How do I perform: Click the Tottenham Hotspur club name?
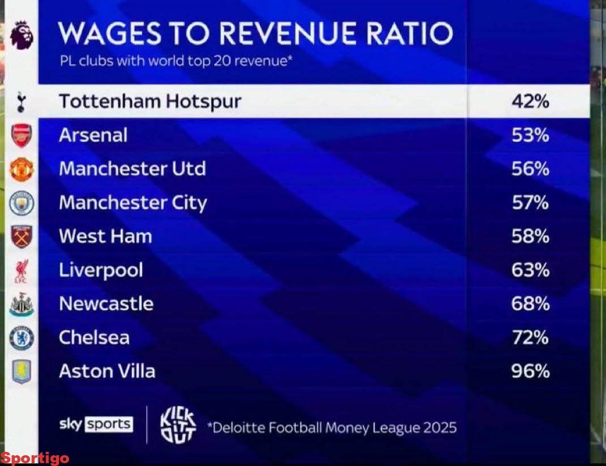point(150,102)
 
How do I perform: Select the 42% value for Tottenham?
point(530,102)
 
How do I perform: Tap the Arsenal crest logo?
point(22,136)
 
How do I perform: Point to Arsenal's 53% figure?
point(530,136)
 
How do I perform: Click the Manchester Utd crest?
point(22,169)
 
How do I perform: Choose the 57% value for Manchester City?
point(530,203)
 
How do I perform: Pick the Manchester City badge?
point(22,203)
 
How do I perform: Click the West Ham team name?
point(105,236)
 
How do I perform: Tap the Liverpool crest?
point(22,270)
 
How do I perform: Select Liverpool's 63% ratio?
point(530,270)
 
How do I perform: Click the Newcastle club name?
point(106,304)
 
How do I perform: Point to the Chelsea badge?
point(22,338)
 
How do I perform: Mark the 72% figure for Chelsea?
point(530,338)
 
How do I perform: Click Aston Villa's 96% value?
point(530,372)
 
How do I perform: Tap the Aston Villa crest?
point(22,372)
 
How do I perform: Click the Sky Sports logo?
point(96,424)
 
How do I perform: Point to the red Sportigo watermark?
point(35,458)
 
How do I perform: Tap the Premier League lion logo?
point(22,34)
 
